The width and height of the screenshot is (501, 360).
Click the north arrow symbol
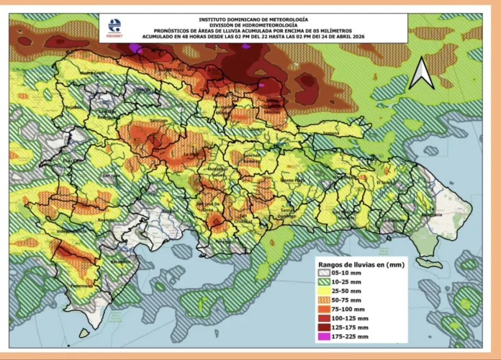[x=421, y=73]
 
